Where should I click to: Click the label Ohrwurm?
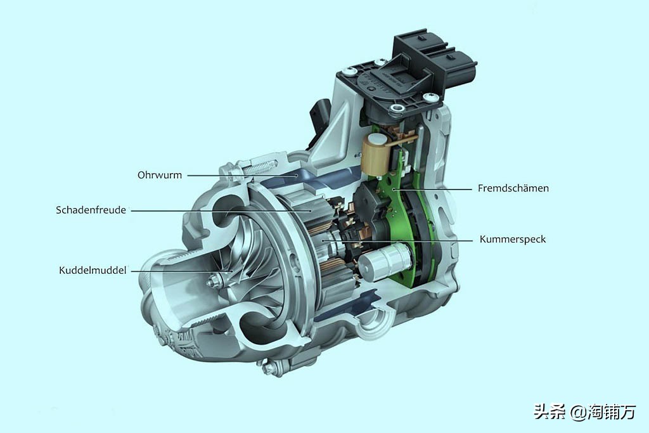click(x=159, y=175)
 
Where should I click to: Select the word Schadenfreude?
click(x=91, y=210)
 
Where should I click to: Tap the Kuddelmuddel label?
click(x=93, y=270)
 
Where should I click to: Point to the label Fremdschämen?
click(x=513, y=188)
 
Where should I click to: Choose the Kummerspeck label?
click(x=513, y=239)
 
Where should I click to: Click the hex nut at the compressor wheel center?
click(x=213, y=282)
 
